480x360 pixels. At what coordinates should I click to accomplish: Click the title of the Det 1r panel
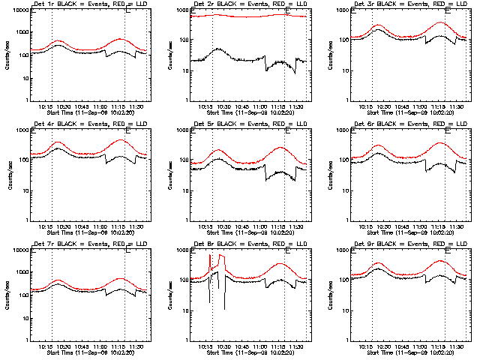(84, 6)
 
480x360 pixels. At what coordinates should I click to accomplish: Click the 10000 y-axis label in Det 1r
(17, 12)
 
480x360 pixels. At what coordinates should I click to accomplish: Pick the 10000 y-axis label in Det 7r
(17, 250)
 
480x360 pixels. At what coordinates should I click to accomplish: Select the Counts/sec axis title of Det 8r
(168, 292)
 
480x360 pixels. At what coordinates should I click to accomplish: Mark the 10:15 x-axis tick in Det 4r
(44, 225)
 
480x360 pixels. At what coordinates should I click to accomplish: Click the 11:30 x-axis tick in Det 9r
(457, 344)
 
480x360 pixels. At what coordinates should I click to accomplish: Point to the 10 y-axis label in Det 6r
(349, 190)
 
